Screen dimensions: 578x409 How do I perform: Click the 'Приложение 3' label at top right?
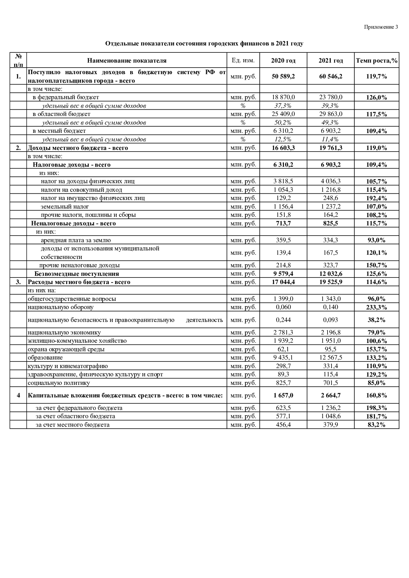(x=381, y=27)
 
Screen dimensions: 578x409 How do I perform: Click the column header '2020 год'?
(x=283, y=61)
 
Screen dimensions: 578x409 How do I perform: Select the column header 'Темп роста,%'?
(x=377, y=61)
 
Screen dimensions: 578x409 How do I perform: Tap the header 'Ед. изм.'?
(x=243, y=60)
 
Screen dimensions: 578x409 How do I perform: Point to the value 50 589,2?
(x=283, y=76)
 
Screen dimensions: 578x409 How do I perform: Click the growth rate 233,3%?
(x=377, y=307)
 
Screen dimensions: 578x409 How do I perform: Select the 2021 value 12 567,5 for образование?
(x=330, y=358)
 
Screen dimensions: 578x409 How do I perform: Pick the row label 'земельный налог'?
(x=65, y=207)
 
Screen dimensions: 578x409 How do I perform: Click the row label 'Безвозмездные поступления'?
(x=77, y=274)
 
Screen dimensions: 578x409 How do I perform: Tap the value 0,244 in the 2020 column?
(x=283, y=320)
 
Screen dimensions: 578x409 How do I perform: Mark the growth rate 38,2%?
(x=377, y=320)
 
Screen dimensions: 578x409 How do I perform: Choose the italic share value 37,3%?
(x=283, y=106)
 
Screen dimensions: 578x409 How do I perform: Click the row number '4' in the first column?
(x=18, y=395)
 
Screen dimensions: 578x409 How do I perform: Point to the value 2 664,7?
(x=330, y=395)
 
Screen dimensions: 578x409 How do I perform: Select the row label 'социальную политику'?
(x=59, y=383)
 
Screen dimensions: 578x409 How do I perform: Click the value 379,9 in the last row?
(x=330, y=425)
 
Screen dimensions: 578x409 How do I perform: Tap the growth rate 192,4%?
(x=377, y=198)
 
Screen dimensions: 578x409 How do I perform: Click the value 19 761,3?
(x=330, y=148)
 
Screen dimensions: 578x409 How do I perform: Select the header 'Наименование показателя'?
(x=127, y=61)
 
